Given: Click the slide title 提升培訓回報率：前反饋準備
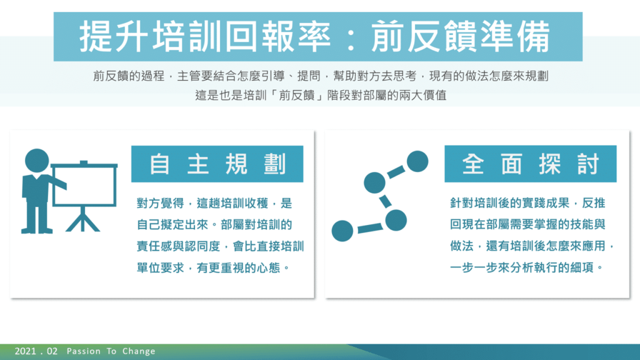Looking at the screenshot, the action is click(x=315, y=37).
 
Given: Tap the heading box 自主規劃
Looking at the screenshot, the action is click(x=217, y=164).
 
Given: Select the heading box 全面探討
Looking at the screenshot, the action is click(x=530, y=164).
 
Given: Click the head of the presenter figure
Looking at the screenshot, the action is click(x=37, y=161).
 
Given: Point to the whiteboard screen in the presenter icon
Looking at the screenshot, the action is click(x=84, y=184).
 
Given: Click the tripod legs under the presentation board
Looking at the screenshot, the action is click(x=83, y=219).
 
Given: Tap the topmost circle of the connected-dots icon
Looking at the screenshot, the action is click(x=417, y=161).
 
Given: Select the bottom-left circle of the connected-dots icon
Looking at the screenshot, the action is click(x=342, y=231).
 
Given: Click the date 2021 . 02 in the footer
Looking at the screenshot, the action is click(x=36, y=351).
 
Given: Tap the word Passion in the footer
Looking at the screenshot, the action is click(x=84, y=351).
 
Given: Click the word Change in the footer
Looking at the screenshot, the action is click(x=139, y=351).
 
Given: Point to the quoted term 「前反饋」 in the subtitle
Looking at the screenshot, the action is click(x=297, y=95).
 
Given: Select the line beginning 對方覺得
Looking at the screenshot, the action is click(x=214, y=203).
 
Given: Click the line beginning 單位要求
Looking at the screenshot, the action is click(x=213, y=267).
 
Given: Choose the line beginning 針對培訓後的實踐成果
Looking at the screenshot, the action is click(x=527, y=203).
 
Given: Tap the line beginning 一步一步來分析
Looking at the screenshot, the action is click(x=526, y=267).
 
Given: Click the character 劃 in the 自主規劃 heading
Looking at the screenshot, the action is click(x=274, y=164).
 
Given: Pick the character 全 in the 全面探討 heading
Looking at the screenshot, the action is click(x=473, y=164).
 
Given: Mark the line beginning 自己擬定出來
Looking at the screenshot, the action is click(x=214, y=224).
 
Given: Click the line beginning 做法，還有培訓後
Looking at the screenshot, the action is click(x=532, y=246).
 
